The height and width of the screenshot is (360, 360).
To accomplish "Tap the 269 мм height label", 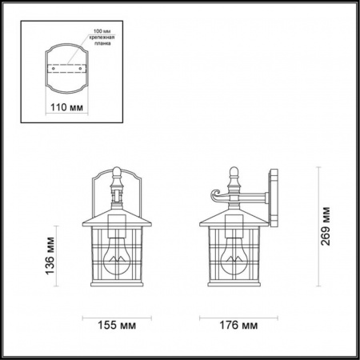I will tap(326, 227).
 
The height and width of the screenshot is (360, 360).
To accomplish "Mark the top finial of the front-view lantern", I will tap(118, 172).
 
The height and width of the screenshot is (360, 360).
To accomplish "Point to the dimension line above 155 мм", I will tap(118, 314).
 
